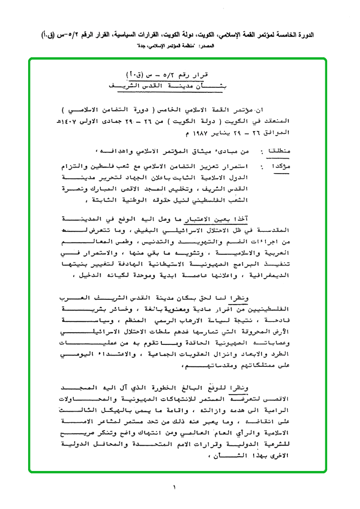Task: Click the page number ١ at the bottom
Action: [x=174, y=487]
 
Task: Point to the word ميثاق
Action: [x=202, y=152]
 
